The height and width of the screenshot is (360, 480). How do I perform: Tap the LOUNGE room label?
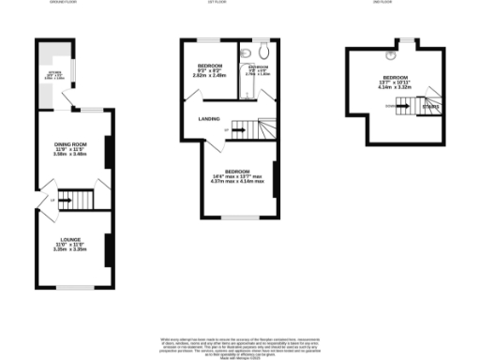click(69, 245)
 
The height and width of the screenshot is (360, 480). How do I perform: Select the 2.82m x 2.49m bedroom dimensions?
click(207, 75)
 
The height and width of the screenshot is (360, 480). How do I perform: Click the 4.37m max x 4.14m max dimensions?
click(236, 181)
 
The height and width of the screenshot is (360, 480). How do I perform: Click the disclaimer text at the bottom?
click(240, 343)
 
